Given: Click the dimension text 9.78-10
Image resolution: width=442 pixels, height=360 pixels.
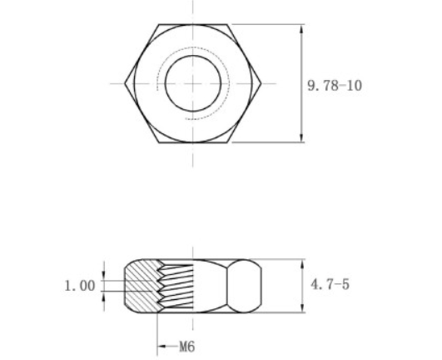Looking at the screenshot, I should (x=335, y=85).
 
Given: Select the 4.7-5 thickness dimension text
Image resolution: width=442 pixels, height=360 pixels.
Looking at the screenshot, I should (x=330, y=285).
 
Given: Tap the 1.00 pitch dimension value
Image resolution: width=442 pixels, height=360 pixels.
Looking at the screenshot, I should (x=80, y=286).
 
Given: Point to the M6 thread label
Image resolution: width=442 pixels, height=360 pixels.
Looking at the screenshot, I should (x=183, y=344).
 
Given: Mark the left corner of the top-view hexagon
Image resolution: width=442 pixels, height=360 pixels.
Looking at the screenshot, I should (x=126, y=82).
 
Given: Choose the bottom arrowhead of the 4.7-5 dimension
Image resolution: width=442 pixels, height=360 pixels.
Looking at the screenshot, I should (x=300, y=310).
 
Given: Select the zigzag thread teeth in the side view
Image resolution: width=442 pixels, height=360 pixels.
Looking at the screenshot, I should (x=175, y=285).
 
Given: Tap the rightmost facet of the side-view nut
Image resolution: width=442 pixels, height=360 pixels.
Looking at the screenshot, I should (x=249, y=286).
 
